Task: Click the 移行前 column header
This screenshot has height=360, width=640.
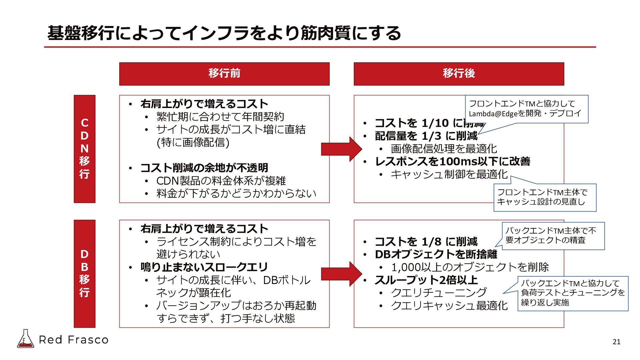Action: (x=224, y=74)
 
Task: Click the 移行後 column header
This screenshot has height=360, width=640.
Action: (x=459, y=74)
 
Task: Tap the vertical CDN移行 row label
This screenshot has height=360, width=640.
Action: (x=85, y=149)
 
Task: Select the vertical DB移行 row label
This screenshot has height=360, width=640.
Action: (x=85, y=273)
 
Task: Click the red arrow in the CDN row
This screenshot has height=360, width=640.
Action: (x=341, y=149)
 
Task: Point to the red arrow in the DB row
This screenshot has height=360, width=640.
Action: (x=341, y=274)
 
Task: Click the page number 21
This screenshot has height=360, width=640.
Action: (x=616, y=342)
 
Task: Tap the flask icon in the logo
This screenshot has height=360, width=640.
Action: (x=25, y=339)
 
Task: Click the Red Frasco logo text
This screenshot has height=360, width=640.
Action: (x=74, y=340)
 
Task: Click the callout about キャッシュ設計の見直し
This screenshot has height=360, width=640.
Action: (x=544, y=197)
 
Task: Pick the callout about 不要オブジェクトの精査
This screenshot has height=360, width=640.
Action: (x=553, y=235)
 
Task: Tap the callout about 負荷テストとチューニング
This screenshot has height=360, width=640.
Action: (x=572, y=293)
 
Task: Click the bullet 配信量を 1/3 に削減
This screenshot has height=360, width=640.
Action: (x=426, y=136)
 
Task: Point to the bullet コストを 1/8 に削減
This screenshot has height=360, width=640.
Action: (x=426, y=242)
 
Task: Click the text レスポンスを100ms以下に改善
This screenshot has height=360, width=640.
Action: (x=452, y=162)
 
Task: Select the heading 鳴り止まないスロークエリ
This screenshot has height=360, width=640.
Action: (x=204, y=267)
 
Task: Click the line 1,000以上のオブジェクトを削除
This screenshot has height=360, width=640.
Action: (x=470, y=267)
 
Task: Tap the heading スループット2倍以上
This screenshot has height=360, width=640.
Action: (x=426, y=280)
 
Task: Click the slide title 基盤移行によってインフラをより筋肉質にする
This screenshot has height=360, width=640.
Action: (x=224, y=33)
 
